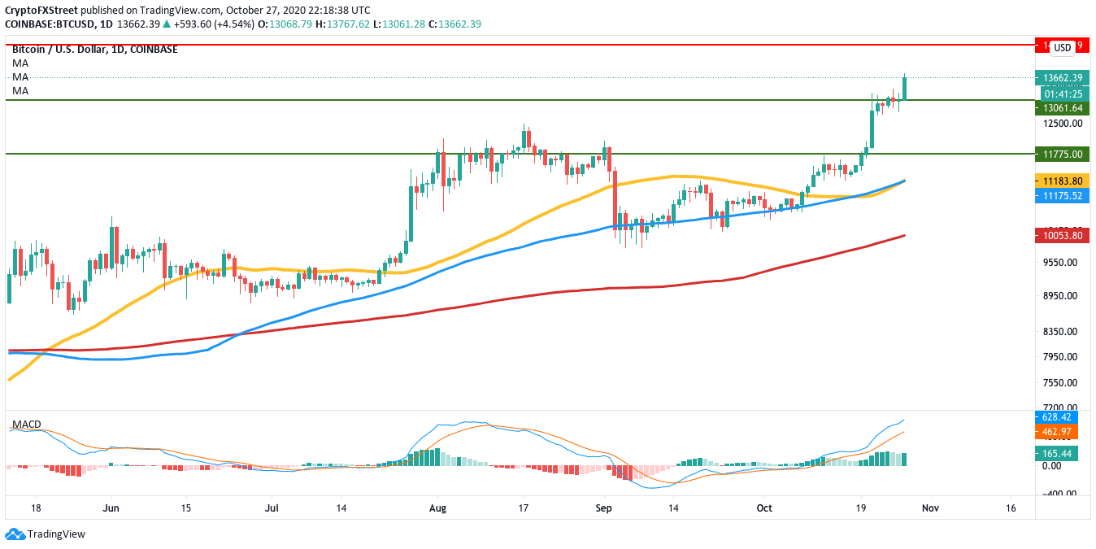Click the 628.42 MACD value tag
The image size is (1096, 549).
point(1060,417)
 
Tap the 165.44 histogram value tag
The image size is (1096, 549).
point(1060,454)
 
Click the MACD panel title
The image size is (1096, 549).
point(26,425)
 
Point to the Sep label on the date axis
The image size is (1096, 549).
point(604,508)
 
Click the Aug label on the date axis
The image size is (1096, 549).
point(437,508)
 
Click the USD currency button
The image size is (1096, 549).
point(1062,48)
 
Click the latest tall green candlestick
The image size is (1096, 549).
point(905,88)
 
